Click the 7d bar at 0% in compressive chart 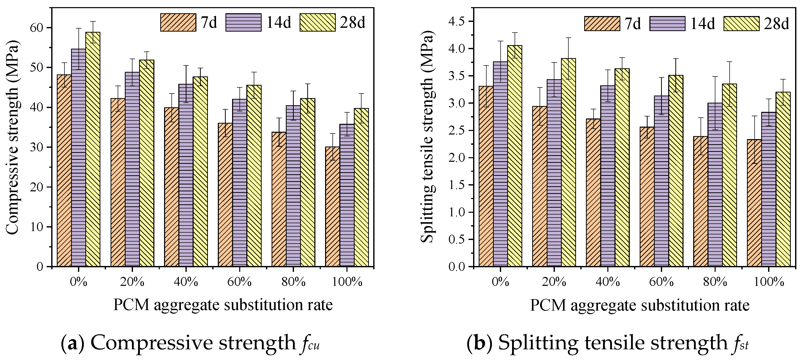(x=64, y=171)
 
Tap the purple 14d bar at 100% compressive (x=347, y=196)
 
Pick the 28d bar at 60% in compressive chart (x=254, y=176)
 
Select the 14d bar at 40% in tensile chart (x=608, y=176)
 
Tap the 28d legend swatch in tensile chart (x=740, y=24)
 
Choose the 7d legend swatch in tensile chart (x=602, y=24)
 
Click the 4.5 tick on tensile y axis (x=457, y=21)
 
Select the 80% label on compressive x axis (x=293, y=282)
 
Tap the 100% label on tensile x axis (x=768, y=282)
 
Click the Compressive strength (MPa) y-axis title (x=12, y=137)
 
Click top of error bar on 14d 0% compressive (x=78, y=28)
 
